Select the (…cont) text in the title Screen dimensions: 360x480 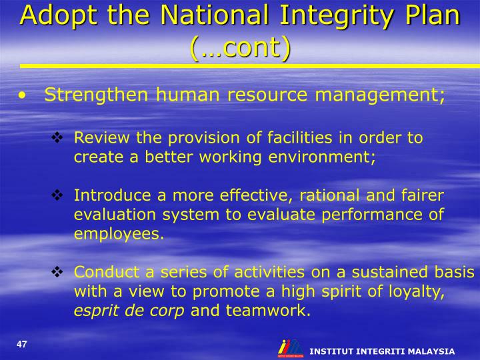coord(241,47)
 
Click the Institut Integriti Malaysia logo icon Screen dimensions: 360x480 coord(289,349)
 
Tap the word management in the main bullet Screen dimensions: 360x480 coord(377,95)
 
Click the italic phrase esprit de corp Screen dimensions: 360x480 coord(129,310)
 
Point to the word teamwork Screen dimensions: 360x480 coord(268,310)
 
